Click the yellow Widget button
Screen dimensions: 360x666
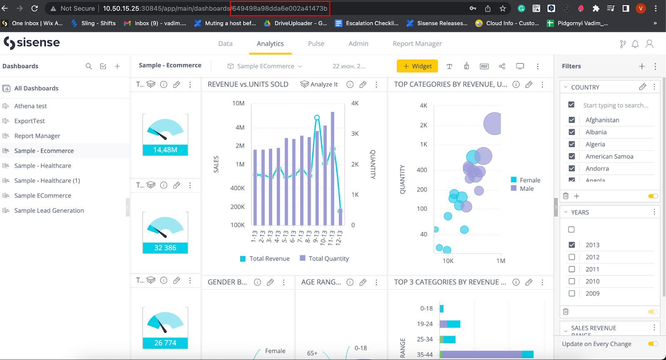pyautogui.click(x=417, y=66)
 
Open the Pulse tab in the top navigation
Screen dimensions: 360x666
pyautogui.click(x=316, y=44)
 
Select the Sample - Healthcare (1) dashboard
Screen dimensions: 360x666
pyautogui.click(x=47, y=181)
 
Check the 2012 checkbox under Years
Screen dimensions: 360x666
pyautogui.click(x=572, y=257)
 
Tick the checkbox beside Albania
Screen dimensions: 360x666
pyautogui.click(x=572, y=132)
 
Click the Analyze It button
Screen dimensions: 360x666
pyautogui.click(x=319, y=84)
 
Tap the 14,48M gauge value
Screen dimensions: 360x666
pyautogui.click(x=165, y=150)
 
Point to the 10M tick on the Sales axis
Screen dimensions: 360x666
pyautogui.click(x=239, y=103)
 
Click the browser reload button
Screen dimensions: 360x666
pyautogui.click(x=35, y=8)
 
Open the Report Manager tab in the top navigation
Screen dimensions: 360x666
pyautogui.click(x=417, y=44)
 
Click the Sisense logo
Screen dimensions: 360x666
pyautogui.click(x=32, y=42)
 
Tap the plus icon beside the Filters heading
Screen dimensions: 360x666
pyautogui.click(x=642, y=66)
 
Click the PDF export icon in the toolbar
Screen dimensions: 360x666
pyautogui.click(x=484, y=66)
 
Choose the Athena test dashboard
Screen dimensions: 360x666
pyautogui.click(x=30, y=106)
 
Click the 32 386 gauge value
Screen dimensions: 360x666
pyautogui.click(x=165, y=248)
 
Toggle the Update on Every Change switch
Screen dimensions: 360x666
pyautogui.click(x=653, y=344)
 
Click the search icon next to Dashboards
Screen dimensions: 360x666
pyautogui.click(x=89, y=66)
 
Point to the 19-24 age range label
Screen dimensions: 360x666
pyautogui.click(x=425, y=324)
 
